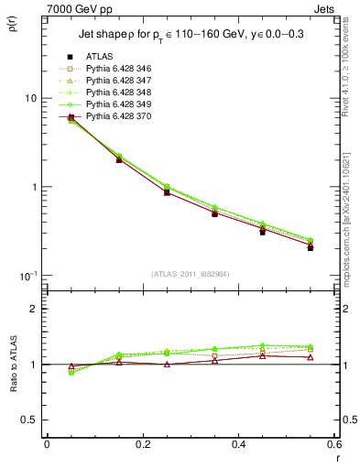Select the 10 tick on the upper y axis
29,98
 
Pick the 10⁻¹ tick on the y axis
27,276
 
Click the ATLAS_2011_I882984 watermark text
191,274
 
